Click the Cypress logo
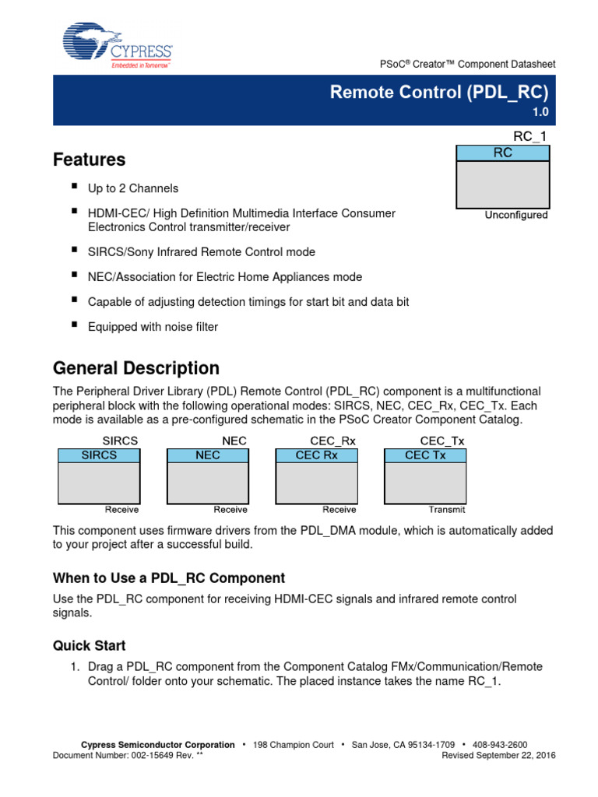click(117, 46)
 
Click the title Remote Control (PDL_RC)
click(439, 92)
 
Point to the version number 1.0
click(540, 112)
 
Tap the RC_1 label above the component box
click(531, 137)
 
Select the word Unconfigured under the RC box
click(516, 215)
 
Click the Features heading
click(89, 160)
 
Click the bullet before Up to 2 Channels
click(75, 187)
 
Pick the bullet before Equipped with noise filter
click(75, 325)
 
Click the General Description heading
click(135, 367)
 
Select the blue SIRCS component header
click(99, 455)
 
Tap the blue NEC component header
click(208, 455)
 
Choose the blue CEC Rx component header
click(317, 455)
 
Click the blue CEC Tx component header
click(426, 455)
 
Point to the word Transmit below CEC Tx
click(447, 510)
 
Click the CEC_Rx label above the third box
click(332, 441)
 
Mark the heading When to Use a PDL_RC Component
click(168, 578)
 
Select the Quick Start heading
click(89, 645)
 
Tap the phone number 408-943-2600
click(501, 745)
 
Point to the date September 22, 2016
click(513, 755)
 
